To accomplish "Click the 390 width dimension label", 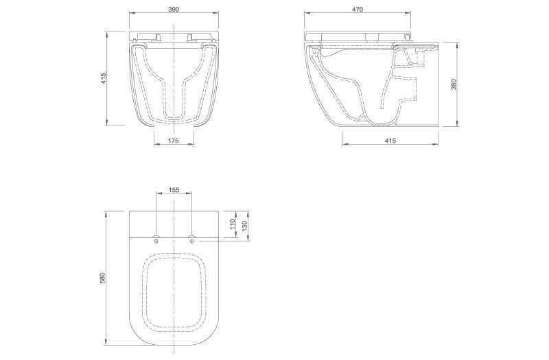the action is (174, 9).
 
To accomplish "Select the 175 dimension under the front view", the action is (174, 141).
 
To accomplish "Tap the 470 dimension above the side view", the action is (357, 9).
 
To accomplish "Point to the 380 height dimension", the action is (454, 84).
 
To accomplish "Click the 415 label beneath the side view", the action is (390, 141).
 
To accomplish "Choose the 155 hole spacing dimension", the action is (174, 190).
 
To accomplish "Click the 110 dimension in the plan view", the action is (232, 224).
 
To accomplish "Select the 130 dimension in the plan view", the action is (245, 225).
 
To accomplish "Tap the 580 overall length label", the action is (102, 278).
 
